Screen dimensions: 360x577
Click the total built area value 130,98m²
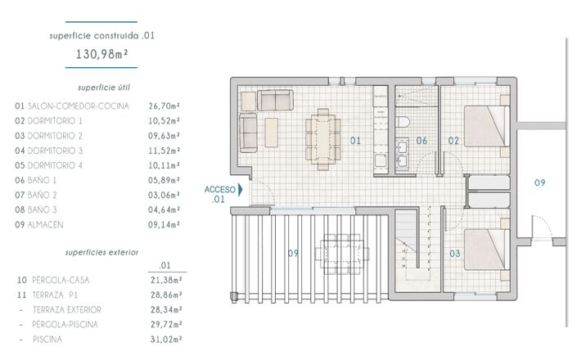click(x=101, y=56)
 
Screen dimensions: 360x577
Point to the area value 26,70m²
click(x=164, y=106)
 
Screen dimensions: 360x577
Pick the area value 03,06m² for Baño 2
click(x=164, y=195)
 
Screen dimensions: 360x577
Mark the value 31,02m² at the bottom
click(x=165, y=339)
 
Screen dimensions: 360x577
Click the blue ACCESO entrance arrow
click(x=241, y=189)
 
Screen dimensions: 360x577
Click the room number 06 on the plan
click(x=421, y=141)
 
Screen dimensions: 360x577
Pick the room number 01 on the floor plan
click(x=356, y=141)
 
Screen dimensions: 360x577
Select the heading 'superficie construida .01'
click(x=101, y=36)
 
